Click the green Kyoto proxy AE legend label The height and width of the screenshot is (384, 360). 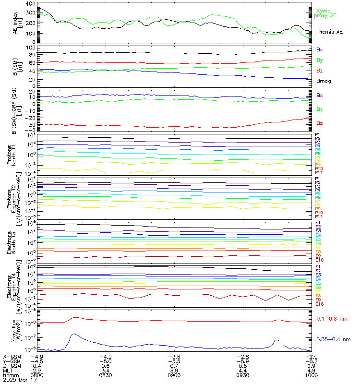(x=326, y=13)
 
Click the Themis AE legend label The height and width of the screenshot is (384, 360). (x=329, y=32)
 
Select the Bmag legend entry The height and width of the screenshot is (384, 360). (x=323, y=81)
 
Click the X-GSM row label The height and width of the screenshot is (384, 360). (x=12, y=356)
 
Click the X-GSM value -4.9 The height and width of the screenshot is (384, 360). (x=37, y=356)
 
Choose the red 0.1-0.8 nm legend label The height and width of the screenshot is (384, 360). (x=334, y=318)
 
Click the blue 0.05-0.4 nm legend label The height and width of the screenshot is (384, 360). (x=335, y=339)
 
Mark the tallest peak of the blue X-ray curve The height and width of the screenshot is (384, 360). (x=73, y=334)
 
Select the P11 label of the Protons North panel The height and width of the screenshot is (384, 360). (x=318, y=172)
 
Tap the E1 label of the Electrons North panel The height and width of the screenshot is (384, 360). (x=318, y=223)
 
